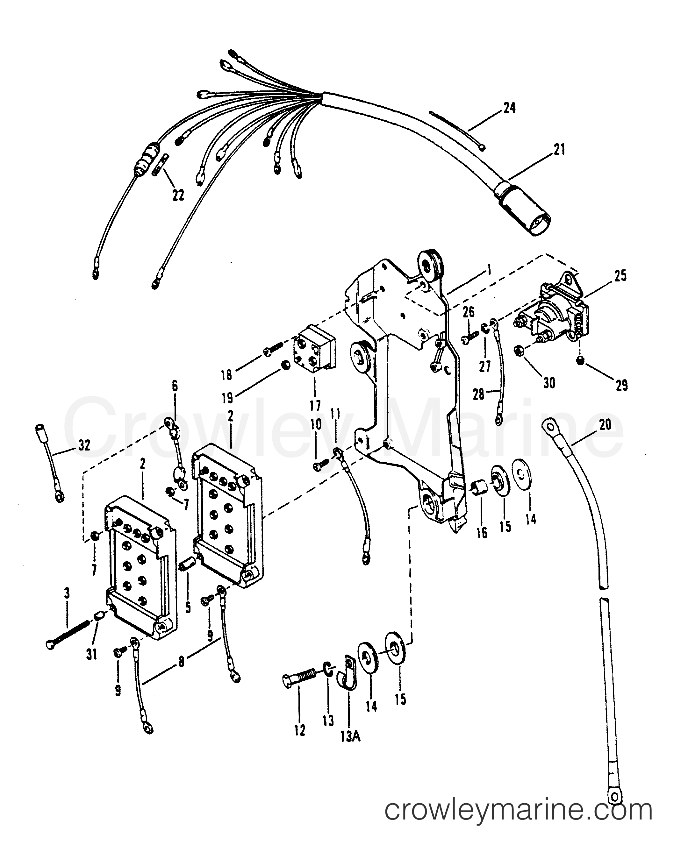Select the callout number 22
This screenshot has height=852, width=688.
(x=178, y=195)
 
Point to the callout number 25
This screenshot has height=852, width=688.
(x=620, y=276)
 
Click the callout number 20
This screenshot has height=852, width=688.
(x=605, y=425)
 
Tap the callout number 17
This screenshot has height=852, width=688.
(x=315, y=406)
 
